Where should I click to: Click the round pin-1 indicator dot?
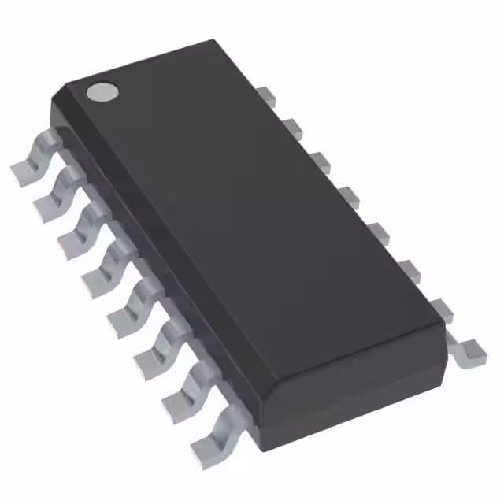(x=102, y=92)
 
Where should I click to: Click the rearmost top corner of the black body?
(x=214, y=41)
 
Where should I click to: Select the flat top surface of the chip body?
(x=244, y=213)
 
